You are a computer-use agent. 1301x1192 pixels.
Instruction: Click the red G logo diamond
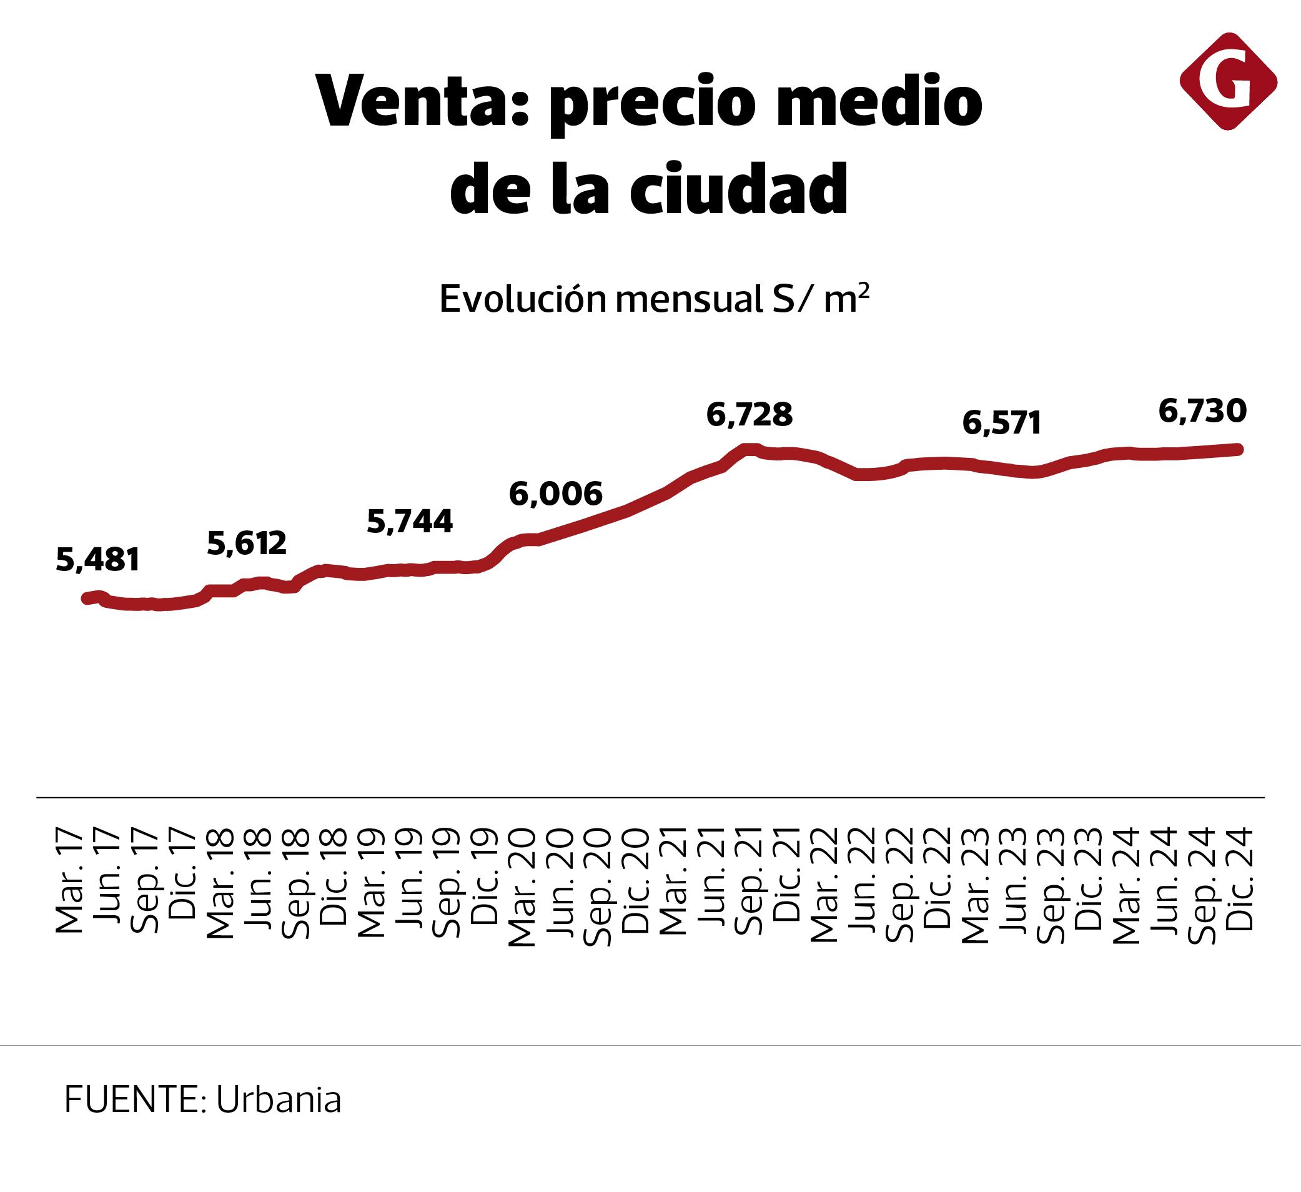point(1228,81)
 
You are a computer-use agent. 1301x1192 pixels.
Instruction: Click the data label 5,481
point(97,560)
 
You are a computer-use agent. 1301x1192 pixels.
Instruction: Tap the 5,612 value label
point(247,544)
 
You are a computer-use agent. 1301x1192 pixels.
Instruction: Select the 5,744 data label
point(410,522)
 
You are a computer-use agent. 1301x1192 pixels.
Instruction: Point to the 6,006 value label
point(556,494)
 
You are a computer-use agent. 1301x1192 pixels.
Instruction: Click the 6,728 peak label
point(749,415)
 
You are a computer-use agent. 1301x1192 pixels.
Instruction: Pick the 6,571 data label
point(1002,424)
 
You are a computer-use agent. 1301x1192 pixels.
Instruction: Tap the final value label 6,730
point(1202,411)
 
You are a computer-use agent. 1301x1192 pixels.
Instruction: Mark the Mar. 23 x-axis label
point(975,885)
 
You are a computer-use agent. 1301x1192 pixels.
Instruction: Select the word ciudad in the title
point(738,189)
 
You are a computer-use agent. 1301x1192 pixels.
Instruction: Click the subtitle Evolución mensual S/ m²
point(654,299)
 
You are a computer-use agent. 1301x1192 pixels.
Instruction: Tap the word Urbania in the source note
point(278,1100)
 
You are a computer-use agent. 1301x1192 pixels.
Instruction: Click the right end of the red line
point(1239,449)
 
